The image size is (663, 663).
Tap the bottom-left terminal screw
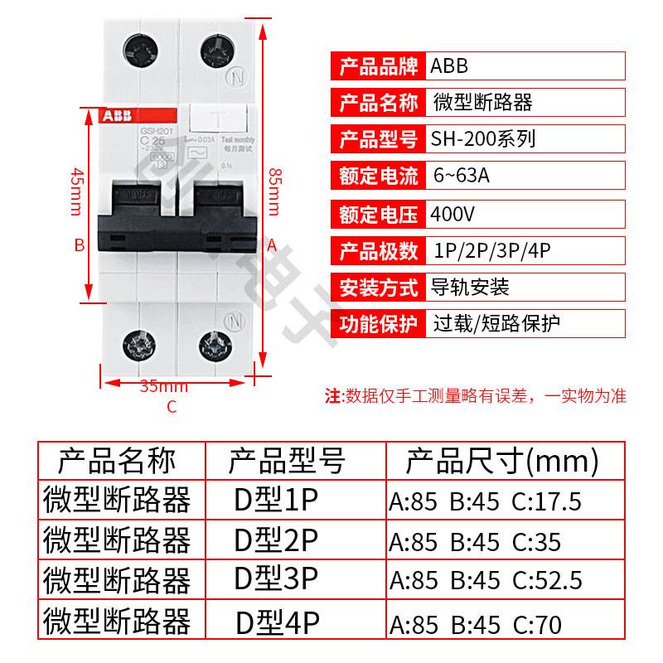coord(139,342)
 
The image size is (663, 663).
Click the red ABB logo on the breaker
coord(119,117)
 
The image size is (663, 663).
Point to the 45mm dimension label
coord(75,191)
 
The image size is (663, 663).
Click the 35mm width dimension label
coord(163,386)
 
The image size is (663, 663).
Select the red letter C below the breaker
coord(172,406)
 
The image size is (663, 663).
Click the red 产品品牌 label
coord(378,65)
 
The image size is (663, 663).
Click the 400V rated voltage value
coord(453,214)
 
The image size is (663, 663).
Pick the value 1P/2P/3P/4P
coord(492,250)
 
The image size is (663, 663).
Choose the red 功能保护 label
coord(378,323)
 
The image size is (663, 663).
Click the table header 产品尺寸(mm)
coord(501,460)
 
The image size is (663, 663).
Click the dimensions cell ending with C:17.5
coord(486,501)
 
